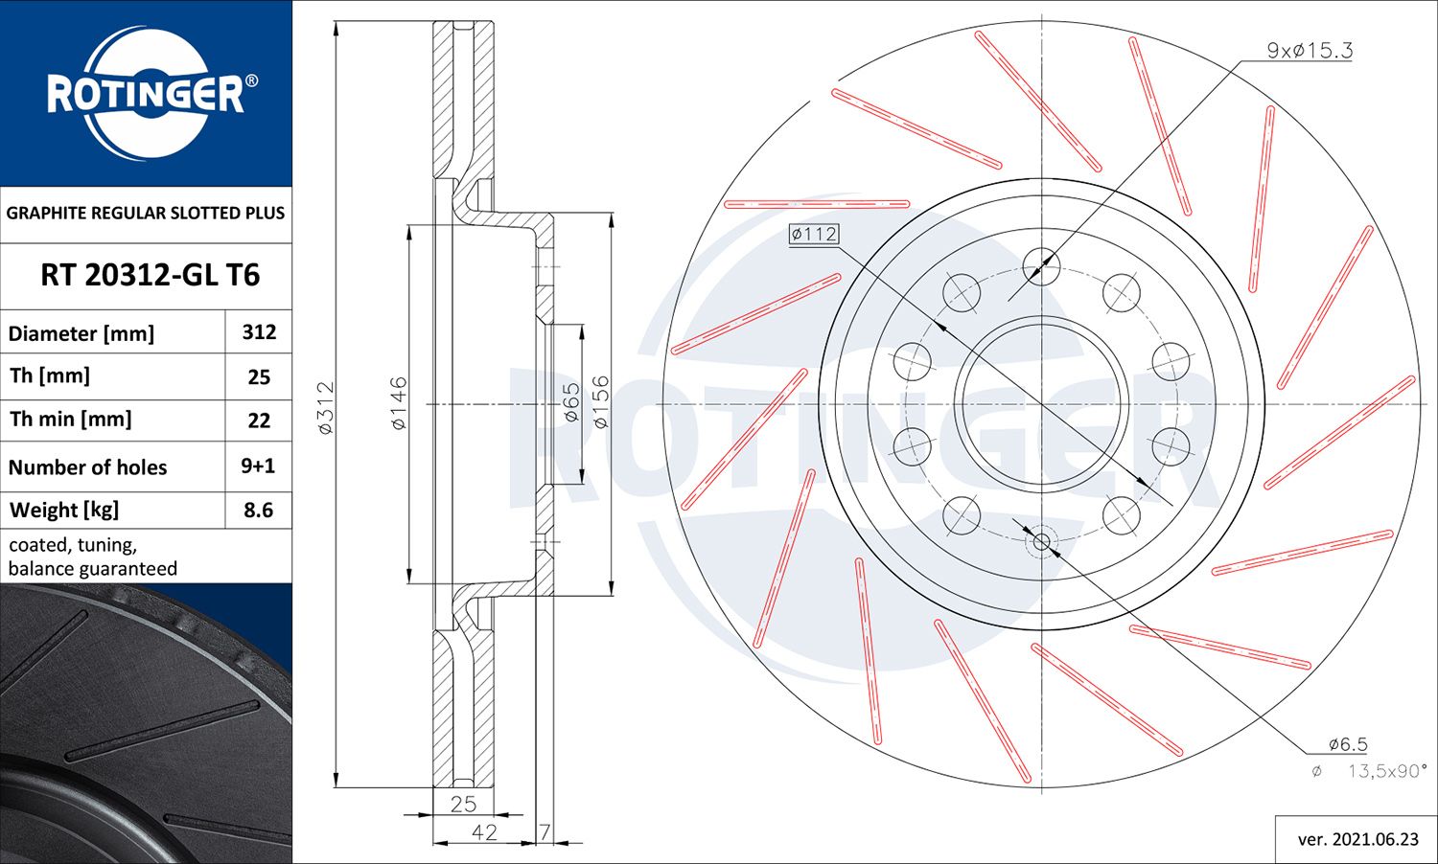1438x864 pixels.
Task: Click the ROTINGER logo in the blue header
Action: pyautogui.click(x=146, y=93)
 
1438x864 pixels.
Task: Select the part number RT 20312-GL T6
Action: pyautogui.click(x=150, y=276)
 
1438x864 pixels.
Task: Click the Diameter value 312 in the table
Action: pyautogui.click(x=259, y=332)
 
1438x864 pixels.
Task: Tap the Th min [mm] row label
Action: pyautogui.click(x=71, y=420)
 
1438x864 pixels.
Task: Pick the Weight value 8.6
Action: pyautogui.click(x=258, y=510)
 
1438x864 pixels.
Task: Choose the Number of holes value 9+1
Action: pyautogui.click(x=258, y=466)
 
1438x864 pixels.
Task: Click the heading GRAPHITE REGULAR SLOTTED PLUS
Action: pyautogui.click(x=146, y=213)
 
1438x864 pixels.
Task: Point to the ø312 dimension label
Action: pyautogui.click(x=326, y=407)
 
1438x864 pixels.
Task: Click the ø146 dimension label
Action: pyautogui.click(x=399, y=403)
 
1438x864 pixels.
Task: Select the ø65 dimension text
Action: pyautogui.click(x=571, y=403)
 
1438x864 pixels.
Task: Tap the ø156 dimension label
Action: pyautogui.click(x=600, y=401)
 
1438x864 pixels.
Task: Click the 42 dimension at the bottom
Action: pyautogui.click(x=484, y=831)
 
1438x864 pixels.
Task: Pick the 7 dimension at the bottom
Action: pyautogui.click(x=545, y=831)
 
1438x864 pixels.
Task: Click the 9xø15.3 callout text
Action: pyautogui.click(x=1310, y=51)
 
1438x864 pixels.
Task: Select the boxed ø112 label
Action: pyautogui.click(x=814, y=234)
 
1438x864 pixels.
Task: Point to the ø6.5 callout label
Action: pyautogui.click(x=1347, y=744)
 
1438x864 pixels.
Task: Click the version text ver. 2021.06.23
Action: pyautogui.click(x=1357, y=839)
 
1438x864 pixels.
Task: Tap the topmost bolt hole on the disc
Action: pyautogui.click(x=1042, y=265)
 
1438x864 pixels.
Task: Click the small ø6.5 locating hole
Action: pyautogui.click(x=1042, y=543)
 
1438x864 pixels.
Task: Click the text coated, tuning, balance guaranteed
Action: pyautogui.click(x=93, y=557)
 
